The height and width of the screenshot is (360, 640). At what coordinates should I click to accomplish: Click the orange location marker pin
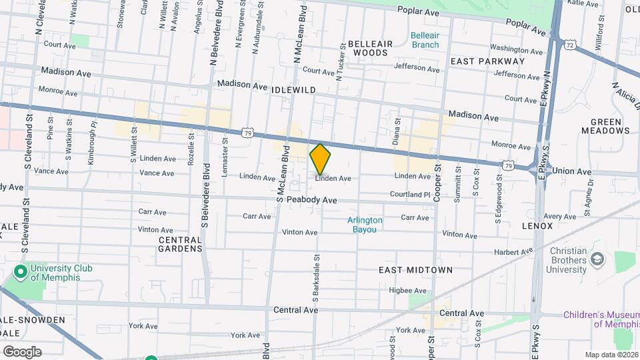pos(320,159)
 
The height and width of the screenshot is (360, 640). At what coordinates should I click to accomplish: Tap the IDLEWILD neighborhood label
pos(293,89)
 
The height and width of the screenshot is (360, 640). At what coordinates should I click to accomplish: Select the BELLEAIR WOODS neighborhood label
pos(368,47)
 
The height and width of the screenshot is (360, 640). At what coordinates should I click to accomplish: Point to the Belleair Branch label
pos(425,40)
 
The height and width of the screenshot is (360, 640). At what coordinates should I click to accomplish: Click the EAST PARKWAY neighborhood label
pos(487,61)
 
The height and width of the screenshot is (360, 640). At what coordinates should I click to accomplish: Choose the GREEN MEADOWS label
pos(605,127)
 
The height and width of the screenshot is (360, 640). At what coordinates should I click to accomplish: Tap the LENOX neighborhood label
pos(538,226)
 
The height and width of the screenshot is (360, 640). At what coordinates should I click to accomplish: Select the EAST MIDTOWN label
pos(415,270)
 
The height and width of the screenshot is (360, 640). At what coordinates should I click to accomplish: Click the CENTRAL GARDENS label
pos(180,243)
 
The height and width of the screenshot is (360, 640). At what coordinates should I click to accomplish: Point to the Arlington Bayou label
pos(365,225)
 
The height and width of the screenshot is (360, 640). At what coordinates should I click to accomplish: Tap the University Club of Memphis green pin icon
pos(20,272)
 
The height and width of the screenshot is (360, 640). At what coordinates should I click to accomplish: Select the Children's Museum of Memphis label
pos(600,319)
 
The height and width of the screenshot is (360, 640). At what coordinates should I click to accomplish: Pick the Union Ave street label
pos(572,171)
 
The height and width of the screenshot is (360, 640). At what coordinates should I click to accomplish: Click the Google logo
pos(21,351)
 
